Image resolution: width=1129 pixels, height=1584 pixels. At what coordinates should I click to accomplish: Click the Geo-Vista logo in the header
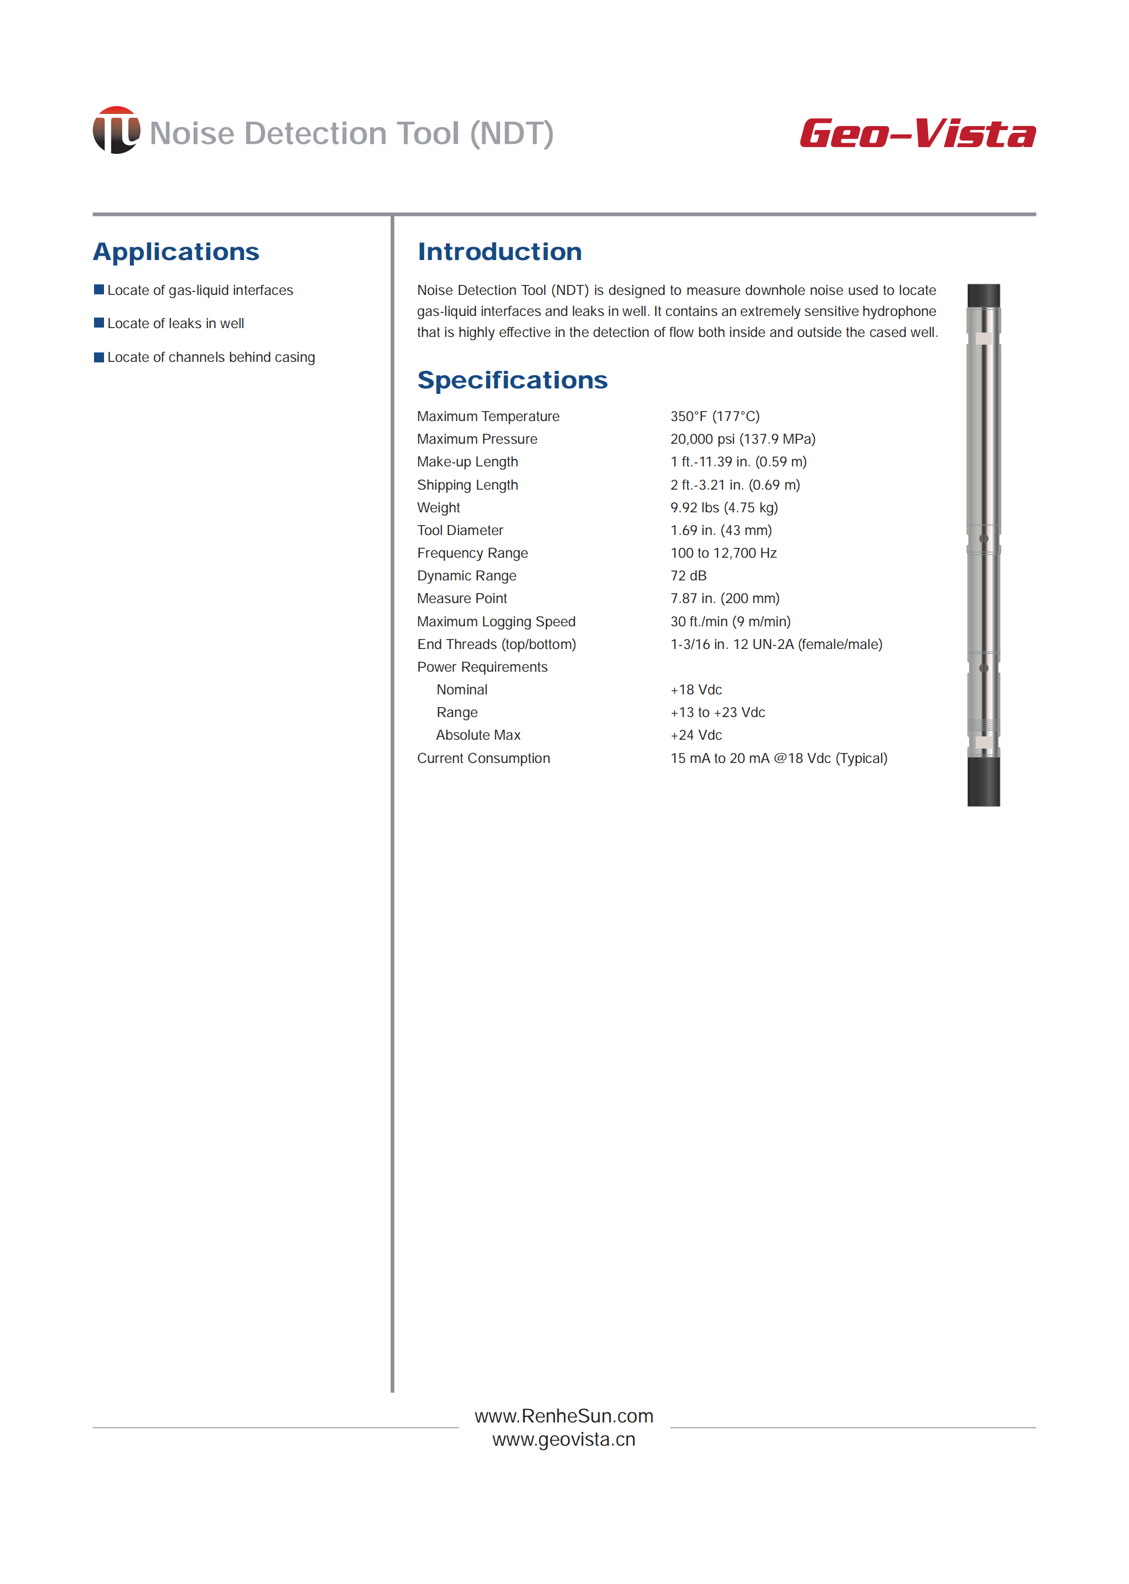917,133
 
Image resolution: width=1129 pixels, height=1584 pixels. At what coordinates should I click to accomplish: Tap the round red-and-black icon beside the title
116,130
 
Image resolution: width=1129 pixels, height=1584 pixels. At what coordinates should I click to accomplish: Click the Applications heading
176,252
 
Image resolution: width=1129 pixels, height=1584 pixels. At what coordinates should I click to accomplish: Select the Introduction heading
499,252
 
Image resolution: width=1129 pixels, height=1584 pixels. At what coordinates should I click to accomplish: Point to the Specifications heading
512,380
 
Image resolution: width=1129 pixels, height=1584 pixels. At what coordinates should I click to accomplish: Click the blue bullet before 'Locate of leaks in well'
98,323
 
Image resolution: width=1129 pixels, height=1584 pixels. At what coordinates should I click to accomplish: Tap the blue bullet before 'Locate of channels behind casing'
98,357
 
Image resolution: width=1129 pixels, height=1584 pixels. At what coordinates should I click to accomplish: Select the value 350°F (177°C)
715,417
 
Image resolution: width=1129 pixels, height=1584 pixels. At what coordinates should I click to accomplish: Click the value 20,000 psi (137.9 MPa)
742,439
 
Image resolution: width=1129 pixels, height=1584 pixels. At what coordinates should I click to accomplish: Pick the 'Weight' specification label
438,507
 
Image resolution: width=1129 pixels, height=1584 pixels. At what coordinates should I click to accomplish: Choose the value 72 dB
688,576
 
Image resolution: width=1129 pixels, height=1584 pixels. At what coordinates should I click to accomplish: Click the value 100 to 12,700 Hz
723,553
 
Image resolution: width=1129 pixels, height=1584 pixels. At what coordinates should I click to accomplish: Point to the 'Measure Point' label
461,599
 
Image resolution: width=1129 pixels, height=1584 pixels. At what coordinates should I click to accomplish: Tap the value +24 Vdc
696,735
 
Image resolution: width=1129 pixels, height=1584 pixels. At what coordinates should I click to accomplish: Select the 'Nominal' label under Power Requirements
461,690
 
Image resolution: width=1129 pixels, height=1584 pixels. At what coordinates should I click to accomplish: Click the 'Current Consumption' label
483,758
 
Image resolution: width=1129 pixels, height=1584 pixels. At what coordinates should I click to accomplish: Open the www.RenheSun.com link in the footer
564,1416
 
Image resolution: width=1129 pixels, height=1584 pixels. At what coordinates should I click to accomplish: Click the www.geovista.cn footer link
564,1440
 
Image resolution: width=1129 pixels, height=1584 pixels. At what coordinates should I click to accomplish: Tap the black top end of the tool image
983,295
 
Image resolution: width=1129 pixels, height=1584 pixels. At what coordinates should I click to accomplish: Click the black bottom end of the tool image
983,782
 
